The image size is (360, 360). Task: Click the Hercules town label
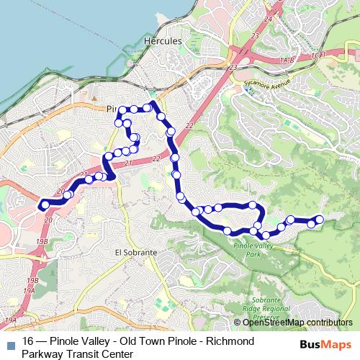point(163,42)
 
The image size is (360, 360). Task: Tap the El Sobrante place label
point(135,253)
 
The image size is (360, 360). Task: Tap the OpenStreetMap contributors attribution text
point(297,323)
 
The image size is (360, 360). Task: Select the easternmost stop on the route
point(319,219)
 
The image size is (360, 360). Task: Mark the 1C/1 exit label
point(320,55)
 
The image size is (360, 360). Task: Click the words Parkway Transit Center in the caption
point(77,353)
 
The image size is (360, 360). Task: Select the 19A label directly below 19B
point(29,290)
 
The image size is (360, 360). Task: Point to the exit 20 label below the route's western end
point(48,220)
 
